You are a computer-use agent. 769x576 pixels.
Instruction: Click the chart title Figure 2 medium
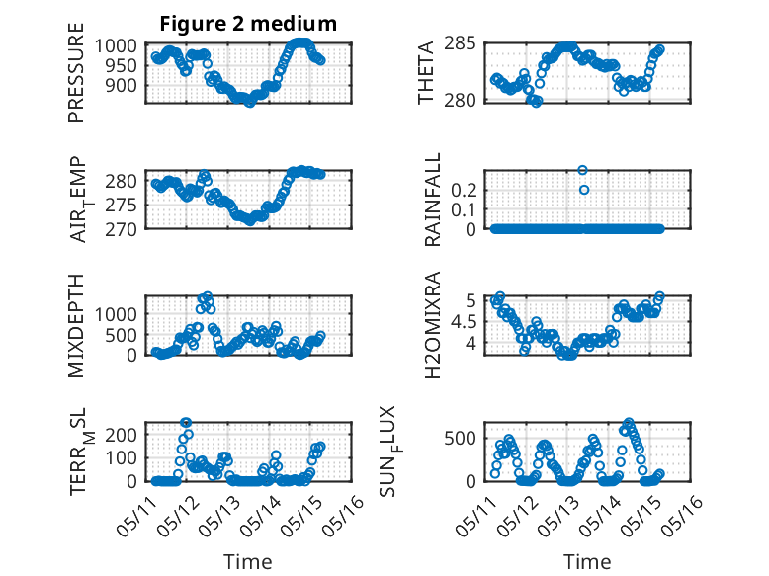(x=248, y=24)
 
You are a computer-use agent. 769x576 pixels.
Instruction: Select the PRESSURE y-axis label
(x=76, y=72)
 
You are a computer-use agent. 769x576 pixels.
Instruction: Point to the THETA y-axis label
(x=426, y=72)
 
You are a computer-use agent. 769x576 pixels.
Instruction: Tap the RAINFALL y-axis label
(x=433, y=200)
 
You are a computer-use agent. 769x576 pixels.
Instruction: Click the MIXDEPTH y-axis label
(x=76, y=326)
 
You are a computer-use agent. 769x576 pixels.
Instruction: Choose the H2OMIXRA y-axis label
(x=433, y=325)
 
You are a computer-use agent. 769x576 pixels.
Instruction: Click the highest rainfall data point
(x=582, y=170)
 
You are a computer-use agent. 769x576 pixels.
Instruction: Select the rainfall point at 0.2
(x=583, y=190)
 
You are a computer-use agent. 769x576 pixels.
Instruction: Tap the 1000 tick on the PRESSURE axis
(x=116, y=45)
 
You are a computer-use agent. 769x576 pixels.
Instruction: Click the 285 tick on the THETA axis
(x=460, y=43)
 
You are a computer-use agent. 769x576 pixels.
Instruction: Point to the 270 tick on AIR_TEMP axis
(x=122, y=229)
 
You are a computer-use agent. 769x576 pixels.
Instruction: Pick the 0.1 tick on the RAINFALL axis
(x=464, y=209)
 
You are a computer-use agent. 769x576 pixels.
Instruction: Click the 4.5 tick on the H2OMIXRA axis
(x=464, y=322)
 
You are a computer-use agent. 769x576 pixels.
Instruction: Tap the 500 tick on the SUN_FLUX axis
(x=460, y=439)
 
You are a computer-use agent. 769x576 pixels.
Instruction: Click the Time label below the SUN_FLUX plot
(x=587, y=562)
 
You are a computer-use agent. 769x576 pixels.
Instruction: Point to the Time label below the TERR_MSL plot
(x=248, y=562)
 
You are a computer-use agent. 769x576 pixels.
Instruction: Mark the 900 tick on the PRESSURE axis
(x=122, y=85)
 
